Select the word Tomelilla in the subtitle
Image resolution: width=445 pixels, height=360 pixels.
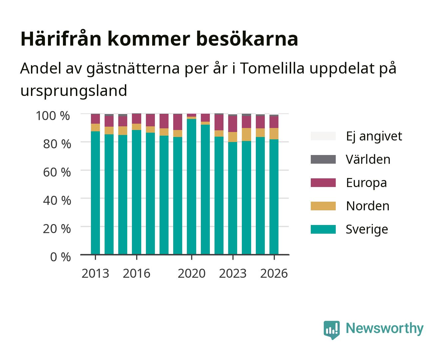pyautogui.click(x=272, y=68)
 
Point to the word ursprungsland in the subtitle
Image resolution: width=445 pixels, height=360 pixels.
pyautogui.click(x=74, y=91)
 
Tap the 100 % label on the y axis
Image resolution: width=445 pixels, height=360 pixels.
pyautogui.click(x=53, y=116)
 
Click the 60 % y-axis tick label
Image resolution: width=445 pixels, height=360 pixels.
pyautogui.click(x=57, y=172)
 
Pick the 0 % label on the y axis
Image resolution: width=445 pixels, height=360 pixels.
pyautogui.click(x=60, y=257)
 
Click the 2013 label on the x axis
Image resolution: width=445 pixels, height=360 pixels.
pyautogui.click(x=95, y=273)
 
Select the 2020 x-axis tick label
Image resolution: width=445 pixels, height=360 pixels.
pyautogui.click(x=192, y=273)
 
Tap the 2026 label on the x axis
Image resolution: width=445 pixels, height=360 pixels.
pyautogui.click(x=274, y=273)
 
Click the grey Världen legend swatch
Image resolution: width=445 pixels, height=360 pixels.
pyautogui.click(x=323, y=159)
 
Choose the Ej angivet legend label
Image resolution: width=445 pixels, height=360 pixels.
pyautogui.click(x=374, y=136)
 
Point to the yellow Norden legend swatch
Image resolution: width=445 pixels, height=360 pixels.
pyautogui.click(x=323, y=206)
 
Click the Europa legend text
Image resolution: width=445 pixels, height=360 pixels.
pyautogui.click(x=366, y=183)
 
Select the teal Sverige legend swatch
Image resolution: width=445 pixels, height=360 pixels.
pyautogui.click(x=323, y=229)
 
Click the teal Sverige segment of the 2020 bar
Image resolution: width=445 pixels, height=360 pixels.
pyautogui.click(x=192, y=187)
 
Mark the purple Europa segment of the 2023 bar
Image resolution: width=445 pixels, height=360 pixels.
pyautogui.click(x=232, y=124)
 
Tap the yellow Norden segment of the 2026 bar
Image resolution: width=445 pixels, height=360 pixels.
pyautogui.click(x=274, y=134)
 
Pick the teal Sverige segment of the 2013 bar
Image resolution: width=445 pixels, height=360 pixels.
pyautogui.click(x=95, y=193)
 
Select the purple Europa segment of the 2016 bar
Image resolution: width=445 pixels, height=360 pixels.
pyautogui.click(x=137, y=119)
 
